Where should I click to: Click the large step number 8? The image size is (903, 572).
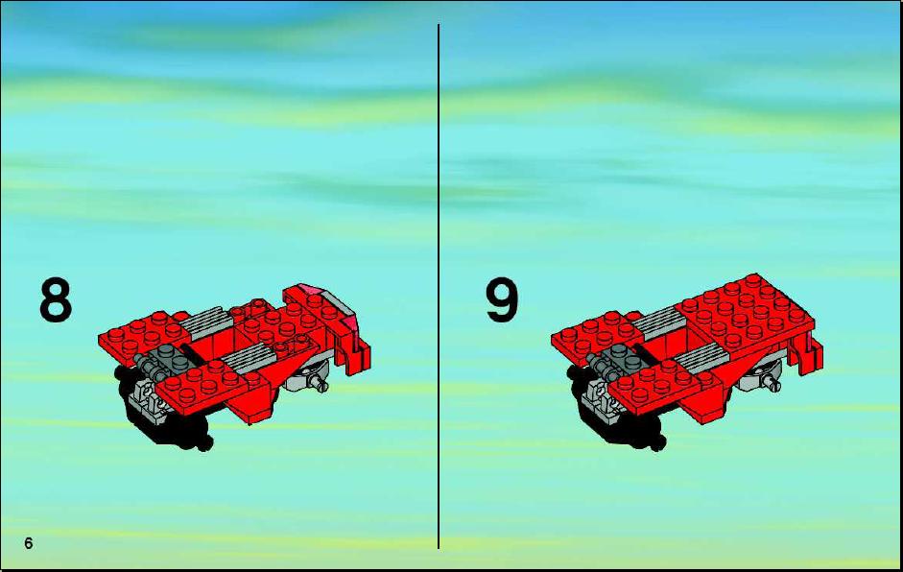[x=56, y=300]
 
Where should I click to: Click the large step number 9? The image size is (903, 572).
[x=502, y=300]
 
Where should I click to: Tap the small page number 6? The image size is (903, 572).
[x=29, y=543]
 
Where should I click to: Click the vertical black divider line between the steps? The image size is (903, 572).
[x=439, y=286]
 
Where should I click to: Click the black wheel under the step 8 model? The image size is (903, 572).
[x=167, y=420]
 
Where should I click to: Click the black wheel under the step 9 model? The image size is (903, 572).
[x=620, y=420]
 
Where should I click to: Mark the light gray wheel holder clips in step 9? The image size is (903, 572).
[x=598, y=398]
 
